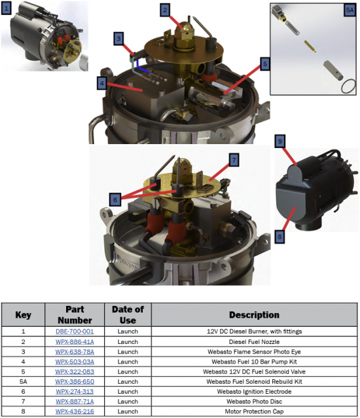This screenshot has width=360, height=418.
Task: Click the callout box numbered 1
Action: (7, 9)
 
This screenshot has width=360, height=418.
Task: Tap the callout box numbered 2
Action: (165, 10)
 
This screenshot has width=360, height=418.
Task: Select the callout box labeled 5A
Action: (350, 10)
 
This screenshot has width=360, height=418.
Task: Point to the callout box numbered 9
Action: (280, 141)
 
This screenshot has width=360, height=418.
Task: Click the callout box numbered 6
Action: (115, 199)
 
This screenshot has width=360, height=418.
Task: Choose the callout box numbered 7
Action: (234, 160)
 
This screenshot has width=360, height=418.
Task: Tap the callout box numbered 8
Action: (279, 237)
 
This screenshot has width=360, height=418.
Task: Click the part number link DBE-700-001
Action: (75, 332)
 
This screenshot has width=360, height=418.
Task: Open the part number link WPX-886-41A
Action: (75, 342)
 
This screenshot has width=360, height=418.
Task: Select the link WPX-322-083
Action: (75, 371)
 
